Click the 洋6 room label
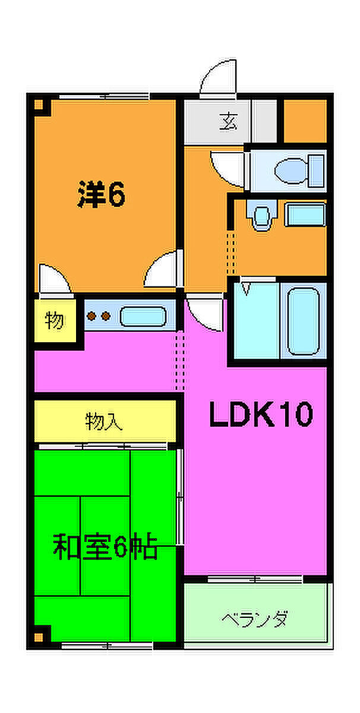click(x=101, y=194)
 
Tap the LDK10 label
click(x=261, y=414)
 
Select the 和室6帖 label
click(x=105, y=547)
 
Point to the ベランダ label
click(x=255, y=619)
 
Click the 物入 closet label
click(x=104, y=421)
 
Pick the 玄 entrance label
click(x=229, y=122)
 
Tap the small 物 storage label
click(x=55, y=320)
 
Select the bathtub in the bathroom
click(x=303, y=321)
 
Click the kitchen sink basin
click(x=143, y=316)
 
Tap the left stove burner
click(x=91, y=316)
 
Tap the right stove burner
click(x=106, y=316)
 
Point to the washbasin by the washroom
click(x=262, y=215)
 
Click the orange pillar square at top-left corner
click(x=39, y=104)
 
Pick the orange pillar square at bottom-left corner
click(x=39, y=637)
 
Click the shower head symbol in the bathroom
click(x=245, y=288)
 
